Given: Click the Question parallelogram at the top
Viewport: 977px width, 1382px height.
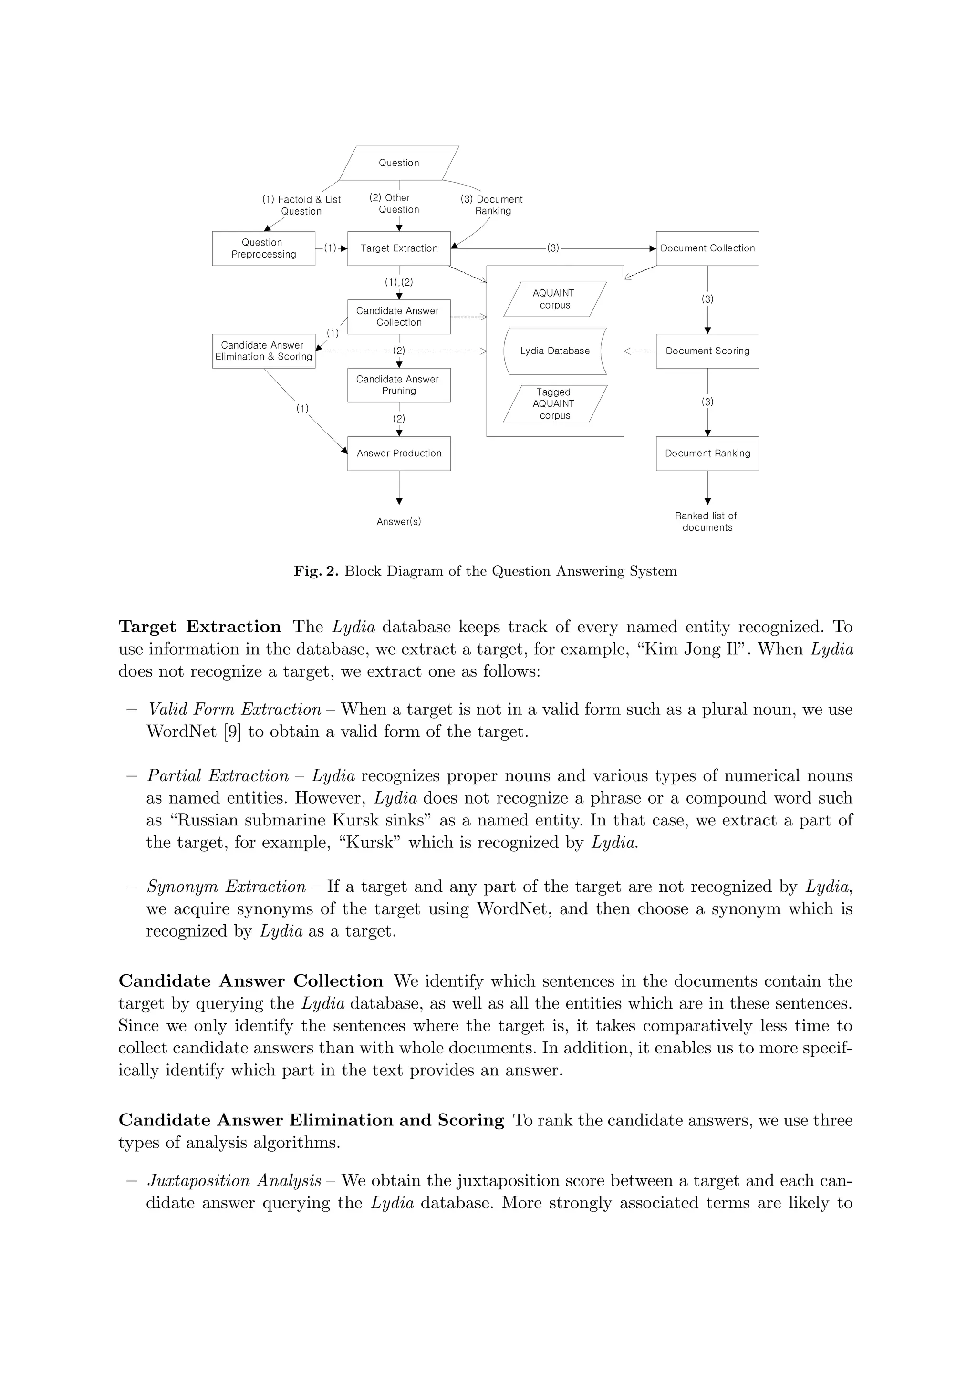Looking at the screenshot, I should tap(398, 163).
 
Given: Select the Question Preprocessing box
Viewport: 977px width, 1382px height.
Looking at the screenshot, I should tap(263, 248).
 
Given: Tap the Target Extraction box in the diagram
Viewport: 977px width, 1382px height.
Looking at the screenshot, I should tap(398, 248).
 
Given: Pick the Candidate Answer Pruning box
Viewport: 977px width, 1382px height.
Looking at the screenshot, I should tap(398, 385).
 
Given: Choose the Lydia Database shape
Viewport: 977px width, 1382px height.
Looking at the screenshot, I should tap(554, 351).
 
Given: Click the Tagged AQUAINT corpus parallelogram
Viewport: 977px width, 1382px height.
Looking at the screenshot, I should tap(554, 403).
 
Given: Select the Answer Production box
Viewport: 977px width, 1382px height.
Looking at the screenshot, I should tap(398, 453).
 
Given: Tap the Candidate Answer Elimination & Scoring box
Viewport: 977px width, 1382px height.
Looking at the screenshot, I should tap(263, 351).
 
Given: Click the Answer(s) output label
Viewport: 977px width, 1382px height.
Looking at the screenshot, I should tap(398, 521).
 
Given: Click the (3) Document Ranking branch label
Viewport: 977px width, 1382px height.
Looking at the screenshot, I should tap(492, 205).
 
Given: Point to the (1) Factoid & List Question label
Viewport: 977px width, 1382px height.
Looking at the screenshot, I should tap(301, 205).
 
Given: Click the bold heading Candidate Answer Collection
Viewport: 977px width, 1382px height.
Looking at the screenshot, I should tap(250, 980).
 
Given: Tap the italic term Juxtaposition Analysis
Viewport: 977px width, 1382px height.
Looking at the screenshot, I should tap(234, 1180).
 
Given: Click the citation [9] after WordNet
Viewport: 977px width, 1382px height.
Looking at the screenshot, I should tap(232, 732).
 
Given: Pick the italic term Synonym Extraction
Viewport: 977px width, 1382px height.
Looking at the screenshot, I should tap(226, 886).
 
